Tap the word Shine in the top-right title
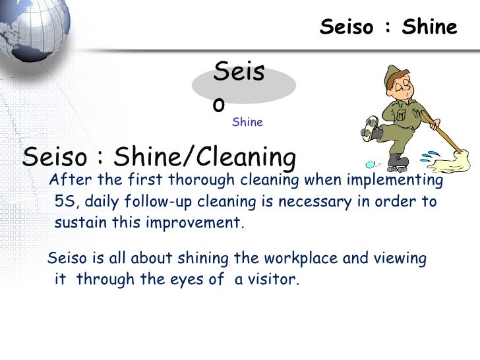point(429,27)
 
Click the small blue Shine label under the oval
point(247,122)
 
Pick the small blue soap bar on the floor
point(371,165)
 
